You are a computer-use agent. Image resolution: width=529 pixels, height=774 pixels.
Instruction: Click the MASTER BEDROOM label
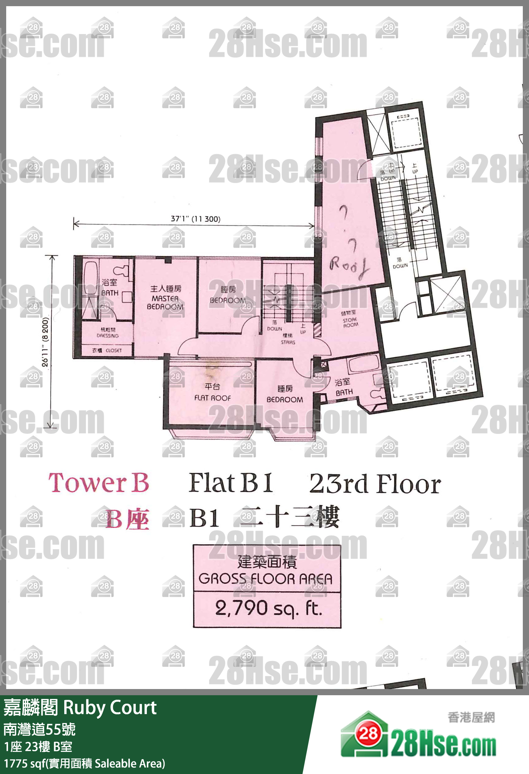165,302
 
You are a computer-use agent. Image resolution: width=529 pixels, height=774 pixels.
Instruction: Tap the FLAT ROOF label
212,398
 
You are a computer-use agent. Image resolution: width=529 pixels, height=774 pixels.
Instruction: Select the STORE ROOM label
350,322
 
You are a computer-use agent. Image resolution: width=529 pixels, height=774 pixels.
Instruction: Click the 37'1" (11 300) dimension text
195,219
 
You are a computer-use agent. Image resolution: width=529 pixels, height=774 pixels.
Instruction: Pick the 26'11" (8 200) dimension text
45,342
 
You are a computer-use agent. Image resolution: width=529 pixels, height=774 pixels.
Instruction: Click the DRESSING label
107,335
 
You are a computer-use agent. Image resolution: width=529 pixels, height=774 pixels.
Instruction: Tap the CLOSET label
113,350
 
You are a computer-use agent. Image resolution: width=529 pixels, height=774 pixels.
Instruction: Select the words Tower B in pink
99,483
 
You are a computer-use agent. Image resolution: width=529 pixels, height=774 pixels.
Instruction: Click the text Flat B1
231,483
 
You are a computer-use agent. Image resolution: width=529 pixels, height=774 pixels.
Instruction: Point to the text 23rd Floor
375,484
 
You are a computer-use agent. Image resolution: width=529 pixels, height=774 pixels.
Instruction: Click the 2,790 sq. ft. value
268,608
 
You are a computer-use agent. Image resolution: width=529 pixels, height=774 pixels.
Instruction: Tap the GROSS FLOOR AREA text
266,579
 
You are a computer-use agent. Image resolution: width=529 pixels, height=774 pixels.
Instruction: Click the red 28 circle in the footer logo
368,733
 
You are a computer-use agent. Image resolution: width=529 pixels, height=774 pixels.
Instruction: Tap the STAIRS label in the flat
288,342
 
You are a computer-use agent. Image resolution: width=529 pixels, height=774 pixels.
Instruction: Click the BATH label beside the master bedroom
110,292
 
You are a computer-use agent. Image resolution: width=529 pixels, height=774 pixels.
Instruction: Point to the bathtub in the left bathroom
90,278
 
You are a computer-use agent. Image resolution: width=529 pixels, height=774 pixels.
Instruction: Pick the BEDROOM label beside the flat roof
285,399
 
